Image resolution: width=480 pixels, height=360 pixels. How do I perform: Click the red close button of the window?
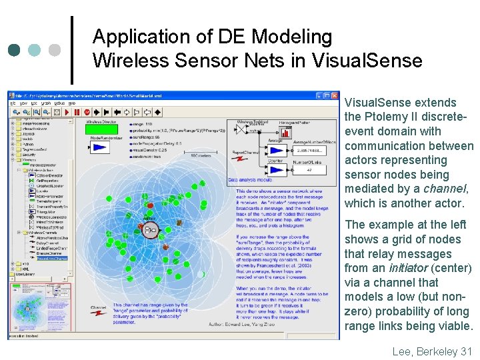tap(335, 95)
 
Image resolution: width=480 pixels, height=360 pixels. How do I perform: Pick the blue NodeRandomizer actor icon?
tap(101, 148)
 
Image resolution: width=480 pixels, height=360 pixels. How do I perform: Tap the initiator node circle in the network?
tap(151, 230)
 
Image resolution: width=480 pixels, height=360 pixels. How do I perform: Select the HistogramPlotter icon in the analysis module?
tap(285, 131)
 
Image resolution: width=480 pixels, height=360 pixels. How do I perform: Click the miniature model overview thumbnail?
tap(41, 309)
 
